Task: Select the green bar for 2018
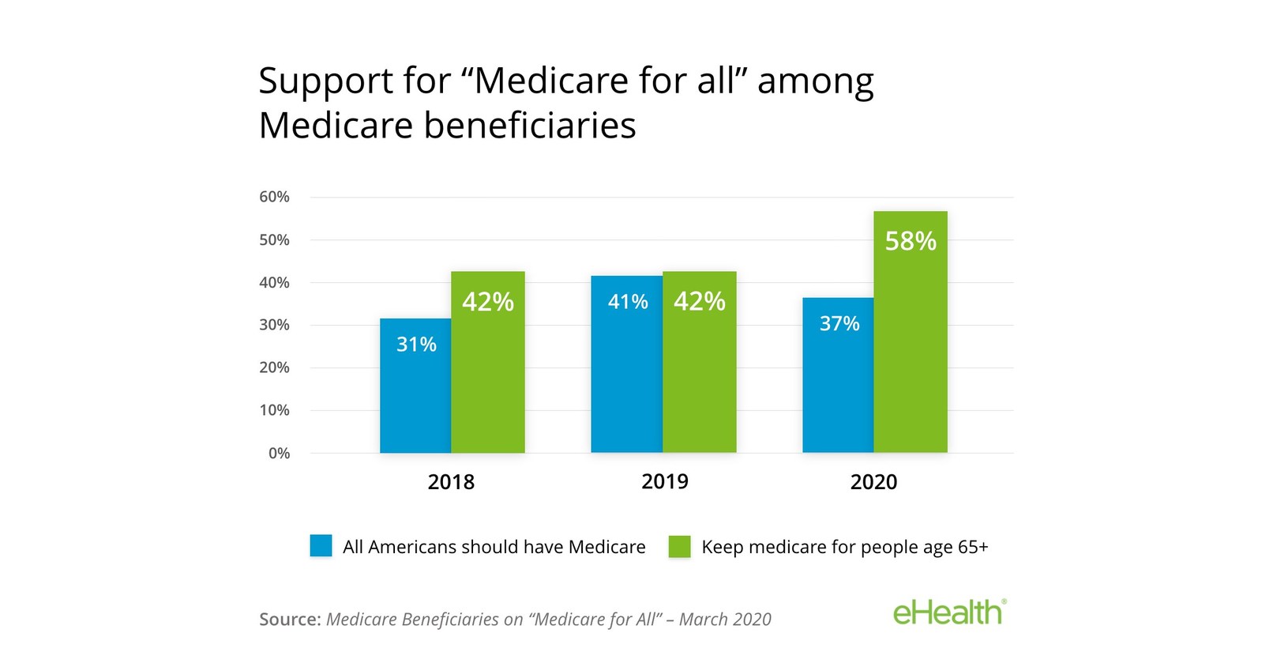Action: pos(488,371)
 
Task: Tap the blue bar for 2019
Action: pos(627,371)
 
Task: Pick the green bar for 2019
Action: pos(700,371)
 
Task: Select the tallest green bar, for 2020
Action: pos(911,340)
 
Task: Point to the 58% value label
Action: pos(911,241)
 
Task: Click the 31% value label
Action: pos(416,345)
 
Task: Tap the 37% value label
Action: pos(839,323)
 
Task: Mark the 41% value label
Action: pos(628,302)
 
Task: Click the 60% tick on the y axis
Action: pos(275,197)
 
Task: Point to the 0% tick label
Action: pos(279,454)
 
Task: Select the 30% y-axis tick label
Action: pos(275,325)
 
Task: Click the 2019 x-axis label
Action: pos(665,481)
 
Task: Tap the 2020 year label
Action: pos(873,482)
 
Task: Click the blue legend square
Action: pos(321,546)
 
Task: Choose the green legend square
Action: pos(679,546)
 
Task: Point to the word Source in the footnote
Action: pos(290,620)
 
